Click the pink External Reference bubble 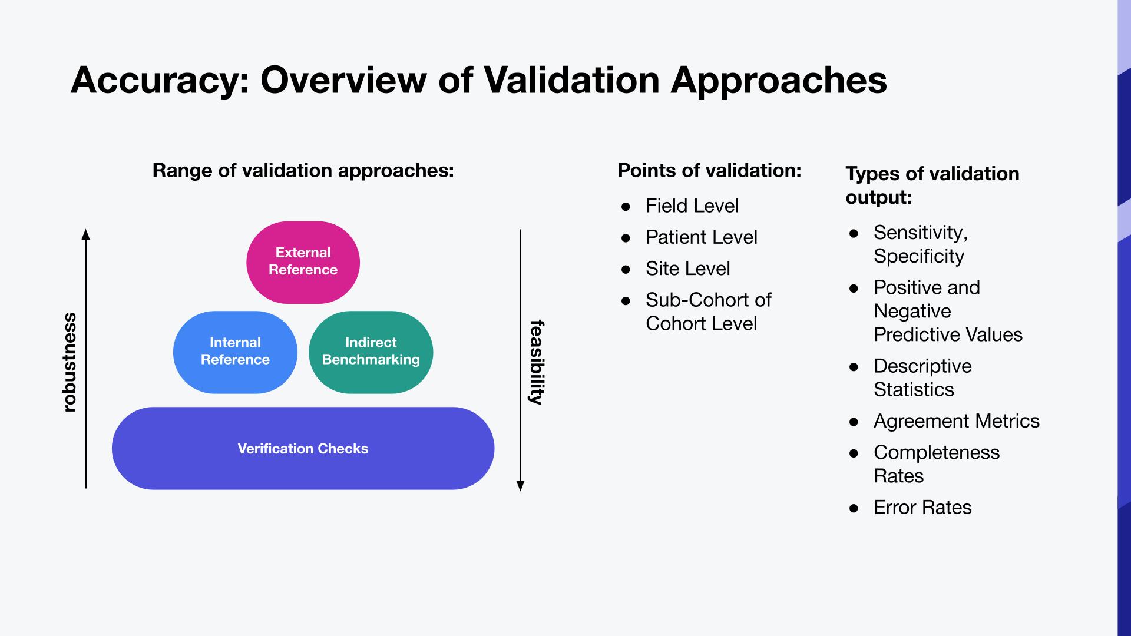303,261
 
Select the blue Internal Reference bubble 235,352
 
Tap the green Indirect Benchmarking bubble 371,352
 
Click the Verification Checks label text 303,449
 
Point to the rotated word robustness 70,362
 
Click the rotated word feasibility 537,362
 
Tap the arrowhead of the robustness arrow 86,234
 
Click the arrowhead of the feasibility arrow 520,486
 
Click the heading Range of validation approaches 303,171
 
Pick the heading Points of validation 709,171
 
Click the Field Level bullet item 692,206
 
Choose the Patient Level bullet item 701,237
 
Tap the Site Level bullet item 687,269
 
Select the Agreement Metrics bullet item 956,421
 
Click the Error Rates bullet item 922,508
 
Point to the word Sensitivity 920,233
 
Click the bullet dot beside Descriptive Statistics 854,367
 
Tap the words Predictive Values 948,334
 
